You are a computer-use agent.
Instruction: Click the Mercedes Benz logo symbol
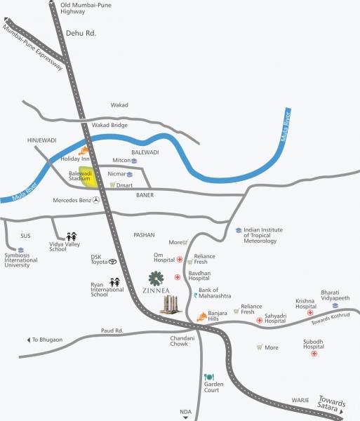point(96,200)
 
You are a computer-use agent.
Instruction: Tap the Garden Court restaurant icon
point(208,377)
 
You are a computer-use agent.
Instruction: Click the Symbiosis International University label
point(21,260)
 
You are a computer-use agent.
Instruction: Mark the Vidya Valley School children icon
point(71,236)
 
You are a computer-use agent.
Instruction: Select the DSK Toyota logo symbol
point(112,261)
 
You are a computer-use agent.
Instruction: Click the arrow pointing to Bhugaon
point(29,340)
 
